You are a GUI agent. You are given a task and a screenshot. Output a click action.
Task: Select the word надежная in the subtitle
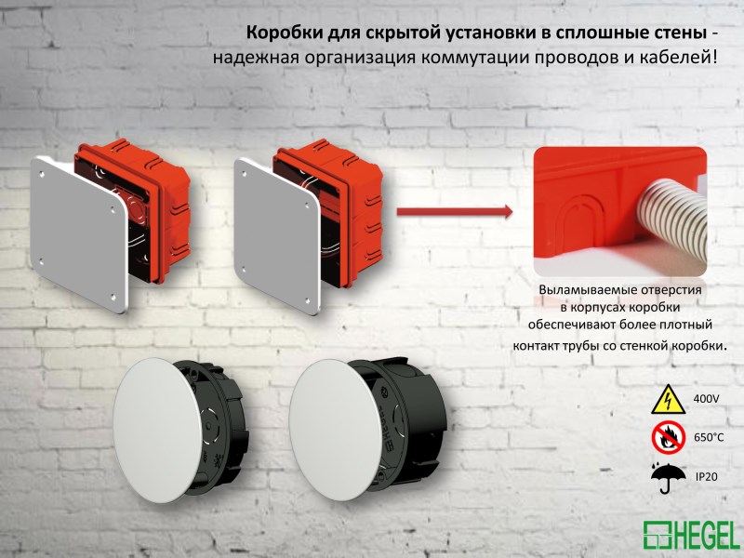pos(249,58)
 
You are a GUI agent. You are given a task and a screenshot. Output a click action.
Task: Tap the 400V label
pos(707,399)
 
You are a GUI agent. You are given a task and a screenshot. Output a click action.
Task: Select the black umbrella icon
pos(668,477)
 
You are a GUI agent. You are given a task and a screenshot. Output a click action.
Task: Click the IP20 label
pos(707,476)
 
